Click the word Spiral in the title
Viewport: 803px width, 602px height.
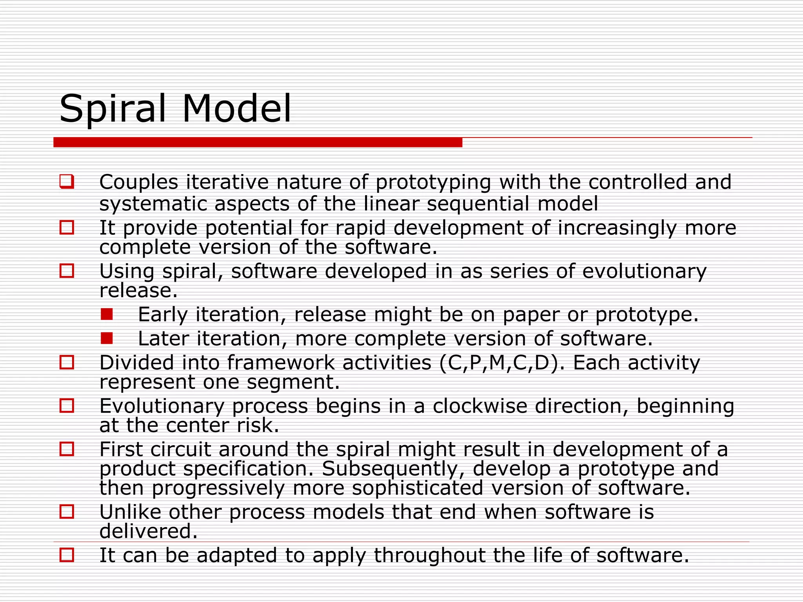[x=113, y=109]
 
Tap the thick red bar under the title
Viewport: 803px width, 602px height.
[x=258, y=142]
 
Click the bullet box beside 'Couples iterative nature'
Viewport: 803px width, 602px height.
[x=67, y=181]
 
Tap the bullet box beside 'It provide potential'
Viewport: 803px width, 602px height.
[x=67, y=228]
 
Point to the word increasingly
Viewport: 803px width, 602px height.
[x=617, y=228]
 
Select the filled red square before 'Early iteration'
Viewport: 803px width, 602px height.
[x=107, y=314]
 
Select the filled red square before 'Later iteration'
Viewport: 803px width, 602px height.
[x=107, y=338]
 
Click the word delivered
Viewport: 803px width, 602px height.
[x=148, y=532]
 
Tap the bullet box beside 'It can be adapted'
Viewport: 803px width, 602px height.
[x=67, y=555]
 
